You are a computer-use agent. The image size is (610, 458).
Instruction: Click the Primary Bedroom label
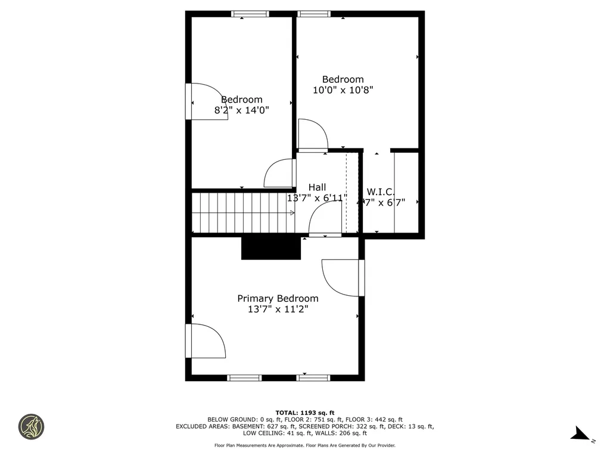pyautogui.click(x=278, y=298)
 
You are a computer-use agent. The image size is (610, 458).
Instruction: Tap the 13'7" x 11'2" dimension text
pyautogui.click(x=278, y=310)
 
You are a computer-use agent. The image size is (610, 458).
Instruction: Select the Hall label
pyautogui.click(x=317, y=187)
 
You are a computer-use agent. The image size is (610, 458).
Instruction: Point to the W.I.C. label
pyautogui.click(x=381, y=191)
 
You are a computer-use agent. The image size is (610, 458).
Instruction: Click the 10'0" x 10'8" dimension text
pyautogui.click(x=343, y=90)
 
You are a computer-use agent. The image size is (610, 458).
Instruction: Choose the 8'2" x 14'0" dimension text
pyautogui.click(x=241, y=110)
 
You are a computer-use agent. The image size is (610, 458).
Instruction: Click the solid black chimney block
pyautogui.click(x=271, y=248)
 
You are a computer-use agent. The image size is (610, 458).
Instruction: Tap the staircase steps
pyautogui.click(x=241, y=212)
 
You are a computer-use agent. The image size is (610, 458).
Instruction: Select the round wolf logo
pyautogui.click(x=31, y=427)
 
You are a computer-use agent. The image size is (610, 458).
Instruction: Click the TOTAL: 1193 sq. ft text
pyautogui.click(x=304, y=413)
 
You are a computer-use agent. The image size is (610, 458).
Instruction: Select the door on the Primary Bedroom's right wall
pyautogui.click(x=342, y=278)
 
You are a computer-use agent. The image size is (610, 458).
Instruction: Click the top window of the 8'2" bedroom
pyautogui.click(x=250, y=14)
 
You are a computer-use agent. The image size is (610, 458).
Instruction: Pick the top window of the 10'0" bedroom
pyautogui.click(x=314, y=14)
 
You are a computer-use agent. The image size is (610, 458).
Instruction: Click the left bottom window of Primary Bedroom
pyautogui.click(x=245, y=377)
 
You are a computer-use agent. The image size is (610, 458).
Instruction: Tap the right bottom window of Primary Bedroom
pyautogui.click(x=313, y=377)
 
